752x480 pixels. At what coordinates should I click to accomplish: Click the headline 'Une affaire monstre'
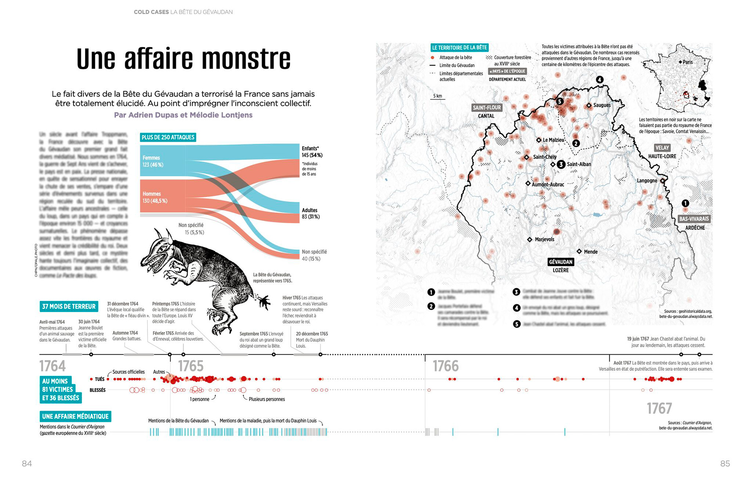point(183,59)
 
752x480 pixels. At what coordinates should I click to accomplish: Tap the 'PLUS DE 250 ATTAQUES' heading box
point(168,137)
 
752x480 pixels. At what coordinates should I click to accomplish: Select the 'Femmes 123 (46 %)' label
point(153,161)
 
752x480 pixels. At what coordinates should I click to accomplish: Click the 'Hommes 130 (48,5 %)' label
point(155,197)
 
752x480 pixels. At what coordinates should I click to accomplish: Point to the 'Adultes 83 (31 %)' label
point(311,213)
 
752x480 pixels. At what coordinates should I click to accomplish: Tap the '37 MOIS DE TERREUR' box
point(69,307)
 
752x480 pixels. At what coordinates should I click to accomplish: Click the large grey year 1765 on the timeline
point(191,366)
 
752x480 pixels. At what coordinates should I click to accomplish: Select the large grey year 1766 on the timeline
point(445,366)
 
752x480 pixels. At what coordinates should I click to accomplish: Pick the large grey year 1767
point(659,408)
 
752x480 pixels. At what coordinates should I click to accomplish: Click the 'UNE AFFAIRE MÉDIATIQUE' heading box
point(75,416)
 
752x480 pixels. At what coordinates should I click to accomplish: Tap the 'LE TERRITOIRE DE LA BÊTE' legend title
point(459,48)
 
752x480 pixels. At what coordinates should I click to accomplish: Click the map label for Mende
point(591,252)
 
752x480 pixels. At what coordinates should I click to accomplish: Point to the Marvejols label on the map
point(544,239)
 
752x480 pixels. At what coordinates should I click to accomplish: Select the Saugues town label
point(602,105)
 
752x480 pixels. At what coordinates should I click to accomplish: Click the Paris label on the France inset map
point(687,62)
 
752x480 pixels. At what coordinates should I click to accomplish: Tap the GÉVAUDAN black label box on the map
point(560,262)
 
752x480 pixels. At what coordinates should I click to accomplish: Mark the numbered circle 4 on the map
point(599,80)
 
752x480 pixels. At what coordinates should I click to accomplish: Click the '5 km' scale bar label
point(437,96)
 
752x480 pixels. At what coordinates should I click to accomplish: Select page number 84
point(27,464)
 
